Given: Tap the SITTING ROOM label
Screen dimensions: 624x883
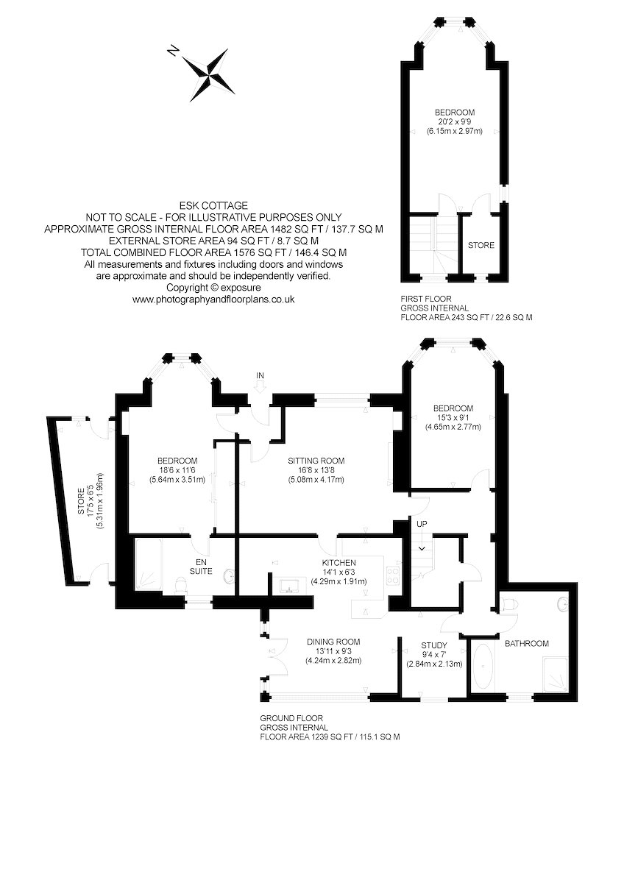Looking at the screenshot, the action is pyautogui.click(x=316, y=461).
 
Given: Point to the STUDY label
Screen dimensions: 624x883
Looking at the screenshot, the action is pyautogui.click(x=434, y=645).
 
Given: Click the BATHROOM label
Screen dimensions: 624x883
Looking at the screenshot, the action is pyautogui.click(x=526, y=644).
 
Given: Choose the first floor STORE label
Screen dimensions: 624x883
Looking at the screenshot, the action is pyautogui.click(x=481, y=245).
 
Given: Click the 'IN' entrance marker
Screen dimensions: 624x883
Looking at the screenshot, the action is pyautogui.click(x=259, y=375).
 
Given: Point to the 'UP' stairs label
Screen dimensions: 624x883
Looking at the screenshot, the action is pyautogui.click(x=421, y=524).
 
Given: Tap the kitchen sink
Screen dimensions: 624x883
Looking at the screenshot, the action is pyautogui.click(x=291, y=586).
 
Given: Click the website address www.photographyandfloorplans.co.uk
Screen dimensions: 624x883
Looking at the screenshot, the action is pyautogui.click(x=213, y=299).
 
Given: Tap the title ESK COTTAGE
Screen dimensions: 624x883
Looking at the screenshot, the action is pyautogui.click(x=213, y=205).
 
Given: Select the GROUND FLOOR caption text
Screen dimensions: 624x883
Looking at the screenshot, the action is pyautogui.click(x=291, y=717).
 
